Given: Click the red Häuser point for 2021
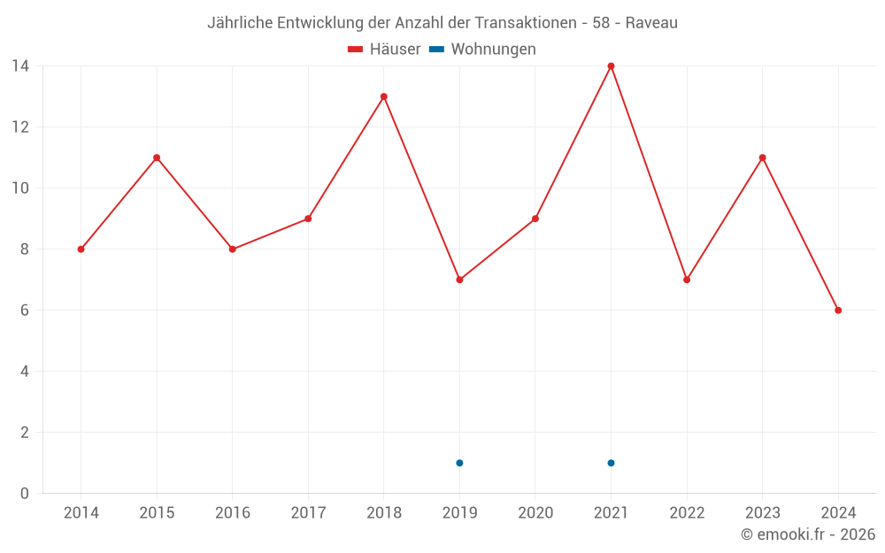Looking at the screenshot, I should (x=611, y=66).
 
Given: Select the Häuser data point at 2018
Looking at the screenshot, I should (x=383, y=96).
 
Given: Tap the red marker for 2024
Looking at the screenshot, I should (x=838, y=311).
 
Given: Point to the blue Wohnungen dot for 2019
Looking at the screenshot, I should (x=459, y=463).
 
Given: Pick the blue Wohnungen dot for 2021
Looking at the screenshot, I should (x=611, y=463).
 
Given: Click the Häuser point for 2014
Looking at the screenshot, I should (x=81, y=250).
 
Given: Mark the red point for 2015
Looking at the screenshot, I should (x=157, y=157).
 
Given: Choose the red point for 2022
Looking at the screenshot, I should (x=687, y=280).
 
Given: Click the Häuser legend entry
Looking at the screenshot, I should (x=384, y=50).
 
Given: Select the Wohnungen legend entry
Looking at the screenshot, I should (x=483, y=50).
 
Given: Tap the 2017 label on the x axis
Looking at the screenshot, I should (x=308, y=512).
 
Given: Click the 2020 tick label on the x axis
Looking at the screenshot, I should (x=535, y=512).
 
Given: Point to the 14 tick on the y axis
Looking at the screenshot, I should (x=19, y=66).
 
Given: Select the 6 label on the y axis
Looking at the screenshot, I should (x=24, y=311).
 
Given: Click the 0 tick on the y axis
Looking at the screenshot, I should (x=24, y=493).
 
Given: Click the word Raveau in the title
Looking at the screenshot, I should (x=651, y=23).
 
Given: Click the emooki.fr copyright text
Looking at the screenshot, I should (x=808, y=534).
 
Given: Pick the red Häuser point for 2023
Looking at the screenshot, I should (x=762, y=157).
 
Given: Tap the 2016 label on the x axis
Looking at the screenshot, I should (x=233, y=512).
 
